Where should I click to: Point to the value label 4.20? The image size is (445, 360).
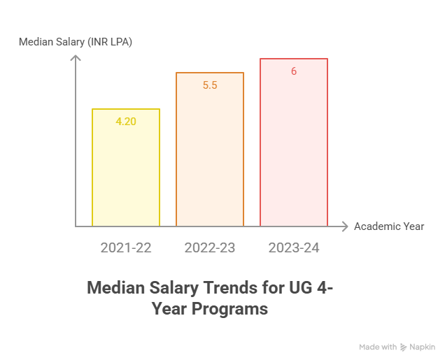pyautogui.click(x=126, y=122)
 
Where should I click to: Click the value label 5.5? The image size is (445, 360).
pyautogui.click(x=210, y=85)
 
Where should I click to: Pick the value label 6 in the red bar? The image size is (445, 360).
pyautogui.click(x=294, y=71)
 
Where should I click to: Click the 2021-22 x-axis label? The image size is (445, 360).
pyautogui.click(x=126, y=247)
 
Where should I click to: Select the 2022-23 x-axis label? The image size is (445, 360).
pyautogui.click(x=210, y=247)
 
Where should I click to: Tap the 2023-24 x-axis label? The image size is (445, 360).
pyautogui.click(x=294, y=247)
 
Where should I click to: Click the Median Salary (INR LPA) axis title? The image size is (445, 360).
pyautogui.click(x=76, y=42)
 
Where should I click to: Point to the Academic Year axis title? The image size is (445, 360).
pyautogui.click(x=389, y=226)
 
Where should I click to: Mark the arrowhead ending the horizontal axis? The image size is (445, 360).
pyautogui.click(x=344, y=226)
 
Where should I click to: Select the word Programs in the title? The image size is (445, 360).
pyautogui.click(x=234, y=309)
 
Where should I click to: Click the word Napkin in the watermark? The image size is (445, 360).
pyautogui.click(x=423, y=347)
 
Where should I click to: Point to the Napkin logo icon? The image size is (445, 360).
pyautogui.click(x=404, y=347)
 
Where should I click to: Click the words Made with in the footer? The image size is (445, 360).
pyautogui.click(x=378, y=347)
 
